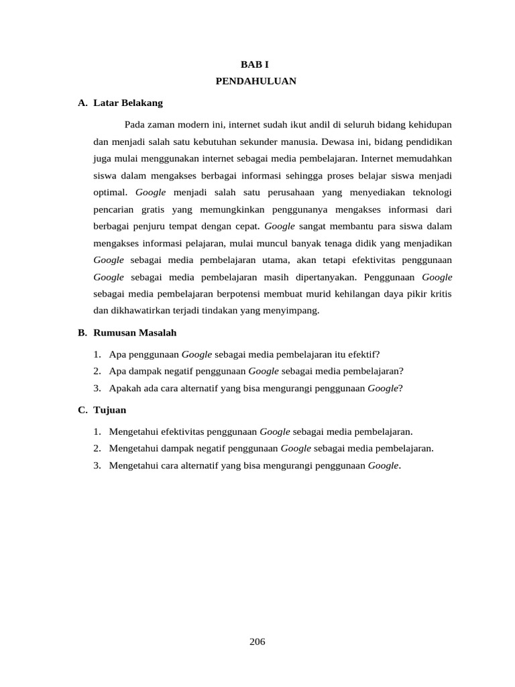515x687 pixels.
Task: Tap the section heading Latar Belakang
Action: click(x=128, y=103)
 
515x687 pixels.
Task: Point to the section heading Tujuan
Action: click(x=110, y=409)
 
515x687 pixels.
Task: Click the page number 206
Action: click(x=257, y=641)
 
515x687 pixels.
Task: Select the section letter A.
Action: click(x=82, y=103)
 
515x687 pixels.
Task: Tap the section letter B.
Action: click(x=82, y=332)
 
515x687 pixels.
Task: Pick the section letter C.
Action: click(x=82, y=409)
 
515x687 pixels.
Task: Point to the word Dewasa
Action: click(x=337, y=142)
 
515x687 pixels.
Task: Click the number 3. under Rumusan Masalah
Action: click(x=97, y=388)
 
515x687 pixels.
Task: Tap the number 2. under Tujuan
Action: click(x=97, y=448)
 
